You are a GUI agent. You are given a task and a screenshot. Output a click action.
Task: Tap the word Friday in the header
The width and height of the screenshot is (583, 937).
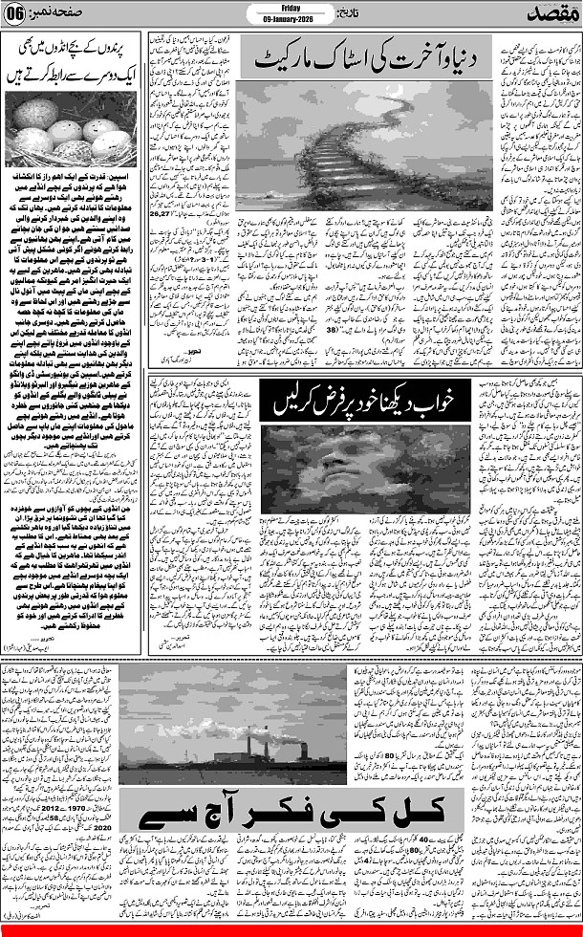[x=292, y=5]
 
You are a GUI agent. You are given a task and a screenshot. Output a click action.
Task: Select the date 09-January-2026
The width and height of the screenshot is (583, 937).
[x=292, y=17]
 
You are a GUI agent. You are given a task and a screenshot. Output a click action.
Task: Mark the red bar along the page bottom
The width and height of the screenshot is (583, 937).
[x=291, y=932]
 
